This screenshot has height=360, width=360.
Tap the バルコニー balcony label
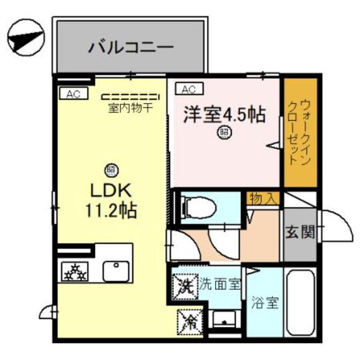pos(130,48)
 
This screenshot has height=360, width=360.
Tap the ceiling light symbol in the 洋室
pos(224,133)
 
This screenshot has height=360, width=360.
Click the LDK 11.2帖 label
pos(110,200)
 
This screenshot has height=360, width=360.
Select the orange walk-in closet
pos(300,132)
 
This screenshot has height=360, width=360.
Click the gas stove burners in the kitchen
pos(75,272)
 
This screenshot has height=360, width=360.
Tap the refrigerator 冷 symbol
pos(188,322)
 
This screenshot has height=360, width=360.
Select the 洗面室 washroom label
pos(220,285)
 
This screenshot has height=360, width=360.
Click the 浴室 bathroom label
pos(264,303)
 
